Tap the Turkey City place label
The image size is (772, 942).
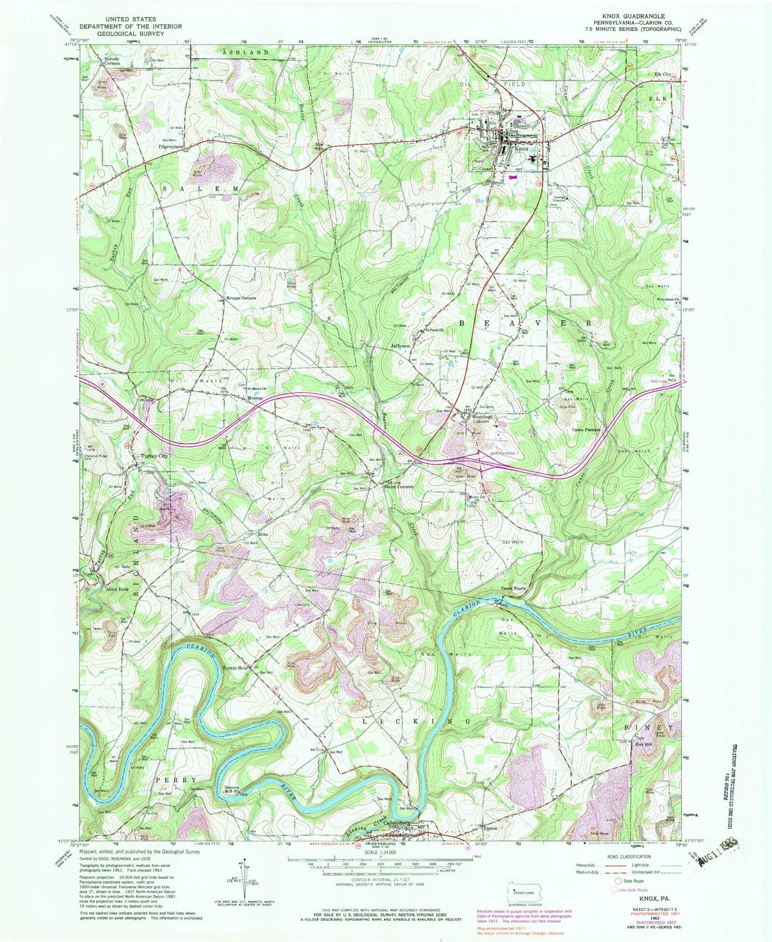[x=154, y=456]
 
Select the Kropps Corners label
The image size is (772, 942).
[x=241, y=298]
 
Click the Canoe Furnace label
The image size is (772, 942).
[x=586, y=430]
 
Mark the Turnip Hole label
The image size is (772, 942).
[x=236, y=668]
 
